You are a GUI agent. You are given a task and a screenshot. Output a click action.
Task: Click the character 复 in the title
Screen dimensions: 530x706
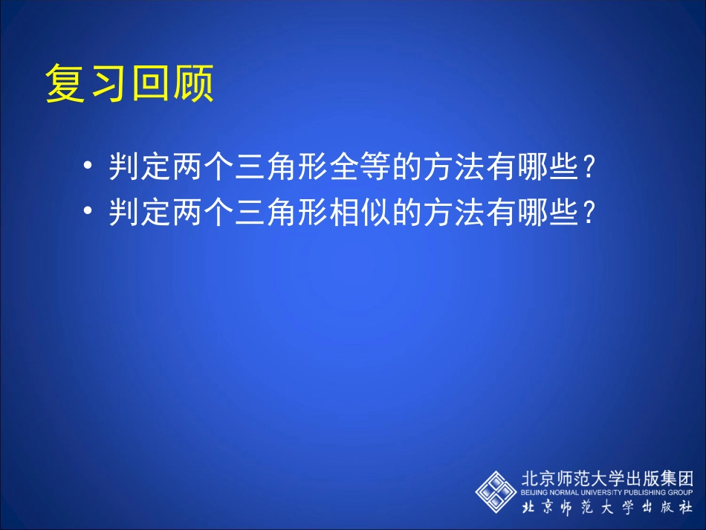tap(66, 83)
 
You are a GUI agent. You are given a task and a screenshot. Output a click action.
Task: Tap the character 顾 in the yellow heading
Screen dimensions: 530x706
tap(193, 83)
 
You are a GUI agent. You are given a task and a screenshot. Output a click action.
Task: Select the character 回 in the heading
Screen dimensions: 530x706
tap(151, 83)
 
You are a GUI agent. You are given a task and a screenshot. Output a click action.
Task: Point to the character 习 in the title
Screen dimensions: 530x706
tap(109, 83)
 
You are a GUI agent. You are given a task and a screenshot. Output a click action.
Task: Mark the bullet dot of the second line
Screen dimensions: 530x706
tap(90, 213)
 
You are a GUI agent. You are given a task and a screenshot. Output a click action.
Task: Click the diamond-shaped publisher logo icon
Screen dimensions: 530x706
tap(496, 491)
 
